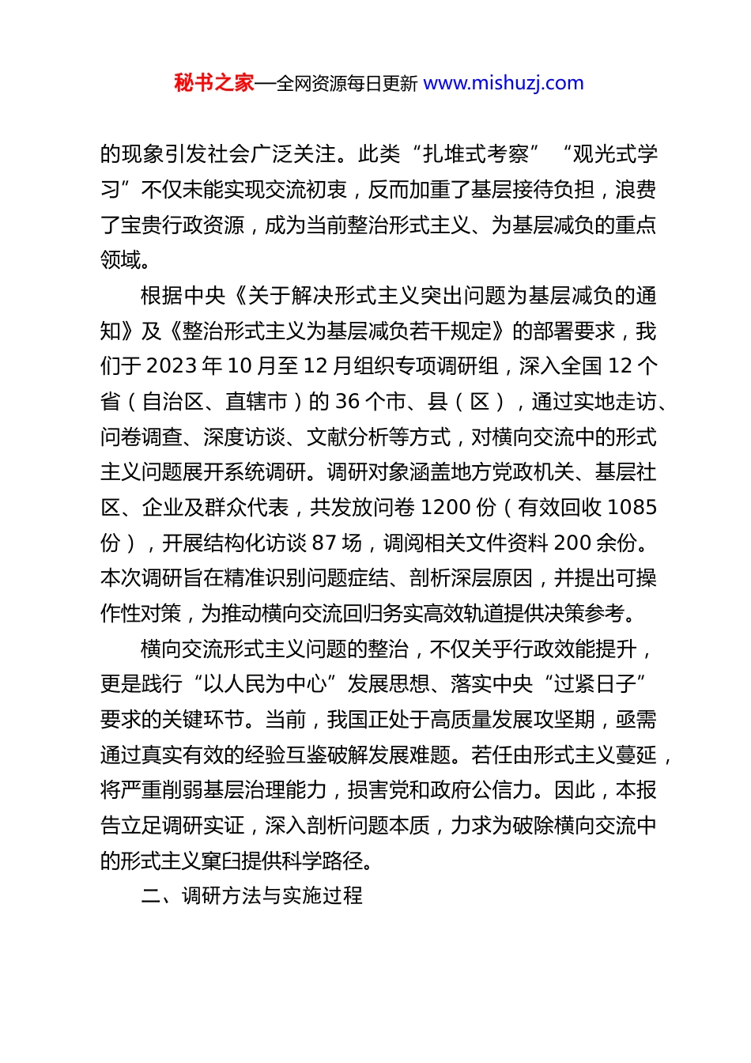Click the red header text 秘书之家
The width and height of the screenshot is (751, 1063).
(x=214, y=83)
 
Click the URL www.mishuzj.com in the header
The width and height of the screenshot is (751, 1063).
(x=504, y=83)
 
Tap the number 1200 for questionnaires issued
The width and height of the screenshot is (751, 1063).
(x=448, y=507)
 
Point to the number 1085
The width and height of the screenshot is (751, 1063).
(x=632, y=507)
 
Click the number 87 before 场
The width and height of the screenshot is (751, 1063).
(x=324, y=543)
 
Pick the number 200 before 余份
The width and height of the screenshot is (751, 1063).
(x=572, y=543)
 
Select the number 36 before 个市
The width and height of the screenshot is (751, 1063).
(x=348, y=402)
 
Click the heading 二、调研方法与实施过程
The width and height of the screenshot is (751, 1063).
(x=251, y=895)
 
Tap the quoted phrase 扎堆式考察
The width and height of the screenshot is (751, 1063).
(x=476, y=153)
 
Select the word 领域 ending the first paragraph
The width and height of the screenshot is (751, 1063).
(x=120, y=259)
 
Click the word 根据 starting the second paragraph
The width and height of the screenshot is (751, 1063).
(x=161, y=296)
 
